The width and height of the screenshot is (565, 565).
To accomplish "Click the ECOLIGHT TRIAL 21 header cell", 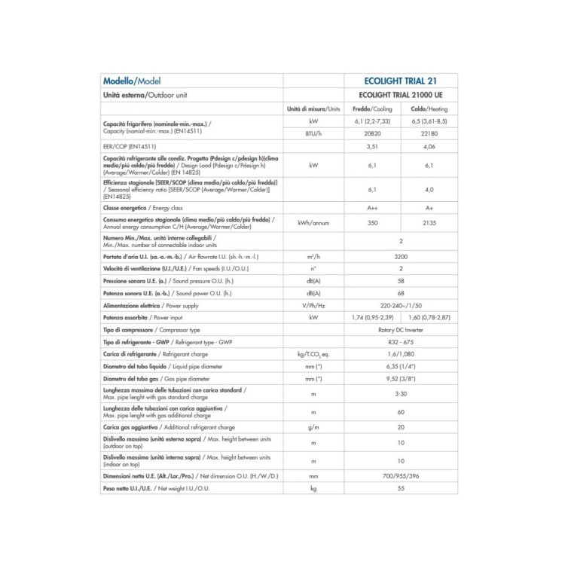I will pyautogui.click(x=400, y=81).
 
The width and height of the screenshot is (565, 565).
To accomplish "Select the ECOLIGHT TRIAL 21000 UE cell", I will pyautogui.click(x=400, y=96).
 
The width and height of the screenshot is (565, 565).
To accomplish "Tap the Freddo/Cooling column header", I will pyautogui.click(x=372, y=109).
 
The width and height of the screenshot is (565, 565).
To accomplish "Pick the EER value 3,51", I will pyautogui.click(x=372, y=147).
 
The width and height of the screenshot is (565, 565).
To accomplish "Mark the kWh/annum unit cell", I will pyautogui.click(x=313, y=223).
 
